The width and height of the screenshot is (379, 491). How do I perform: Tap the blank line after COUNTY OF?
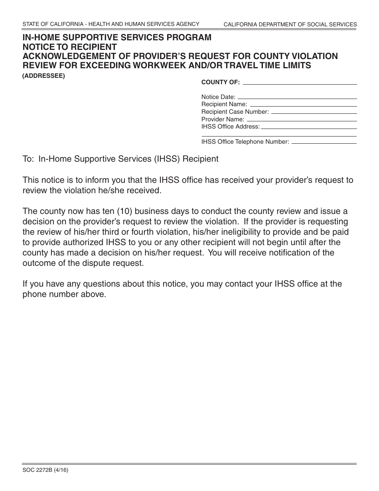click(300, 84)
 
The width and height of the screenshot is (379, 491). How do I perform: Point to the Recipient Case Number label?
click(235, 112)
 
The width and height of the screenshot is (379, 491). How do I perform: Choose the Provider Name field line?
click(301, 121)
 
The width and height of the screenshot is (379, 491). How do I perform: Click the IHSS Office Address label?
click(230, 127)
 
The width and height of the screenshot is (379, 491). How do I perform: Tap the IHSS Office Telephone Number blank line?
click(324, 143)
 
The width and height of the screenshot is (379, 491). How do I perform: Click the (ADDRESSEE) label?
click(43, 76)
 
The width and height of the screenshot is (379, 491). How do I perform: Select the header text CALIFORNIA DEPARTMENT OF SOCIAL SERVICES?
click(290, 25)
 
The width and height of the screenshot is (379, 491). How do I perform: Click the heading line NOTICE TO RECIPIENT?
click(69, 47)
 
